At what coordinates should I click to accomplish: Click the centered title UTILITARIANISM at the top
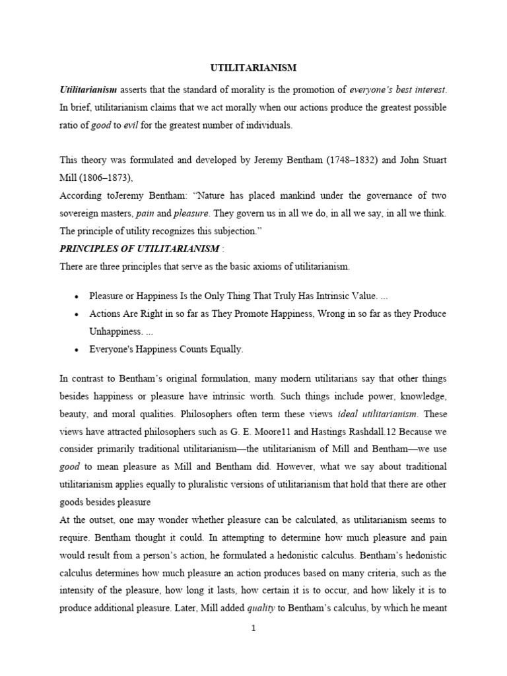click(253, 67)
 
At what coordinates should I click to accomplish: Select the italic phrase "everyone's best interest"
click(402, 89)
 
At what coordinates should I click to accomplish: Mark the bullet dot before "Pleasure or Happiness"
click(77, 296)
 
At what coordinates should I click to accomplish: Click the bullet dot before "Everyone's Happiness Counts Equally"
click(77, 350)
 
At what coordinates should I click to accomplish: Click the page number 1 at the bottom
click(253, 628)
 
